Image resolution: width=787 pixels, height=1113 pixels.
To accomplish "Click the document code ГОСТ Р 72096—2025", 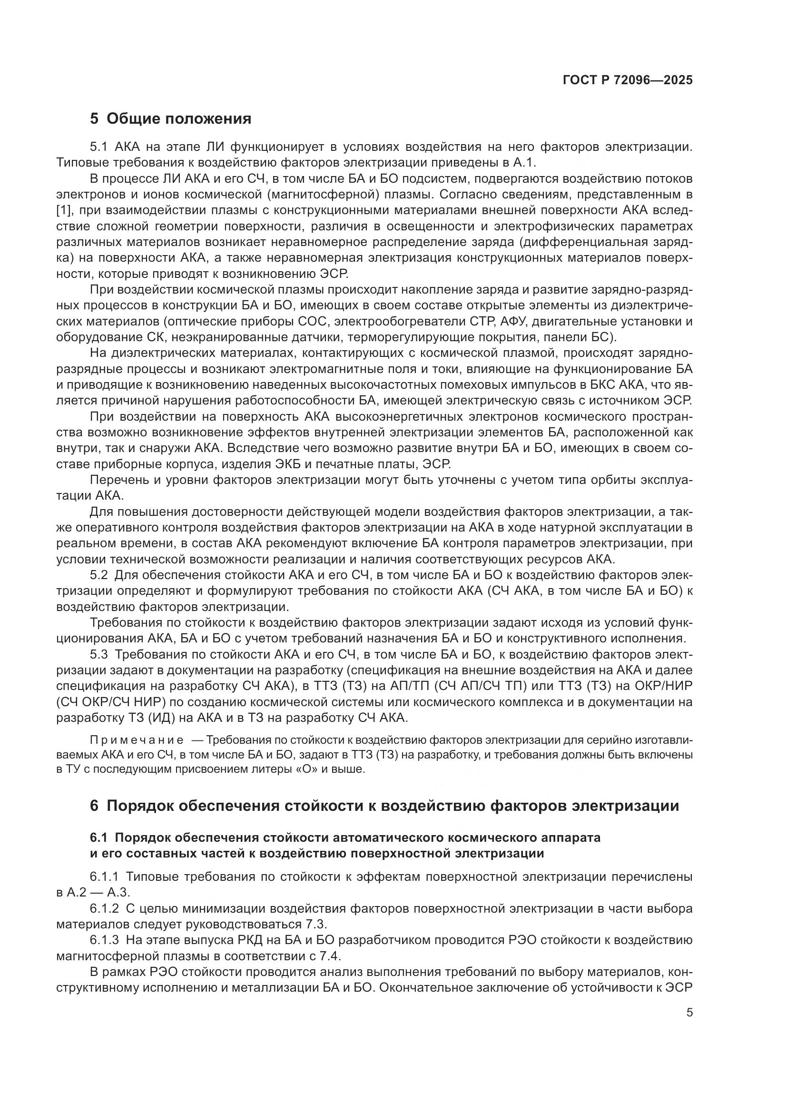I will pos(628,80).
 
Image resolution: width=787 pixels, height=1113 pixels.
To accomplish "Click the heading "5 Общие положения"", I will pos(171,119).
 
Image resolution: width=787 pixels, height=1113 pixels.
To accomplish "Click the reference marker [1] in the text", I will pos(64,211).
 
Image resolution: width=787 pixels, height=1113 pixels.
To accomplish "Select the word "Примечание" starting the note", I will pos(137,740).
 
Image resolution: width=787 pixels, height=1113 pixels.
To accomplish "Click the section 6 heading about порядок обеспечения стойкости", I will pos(384,806).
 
